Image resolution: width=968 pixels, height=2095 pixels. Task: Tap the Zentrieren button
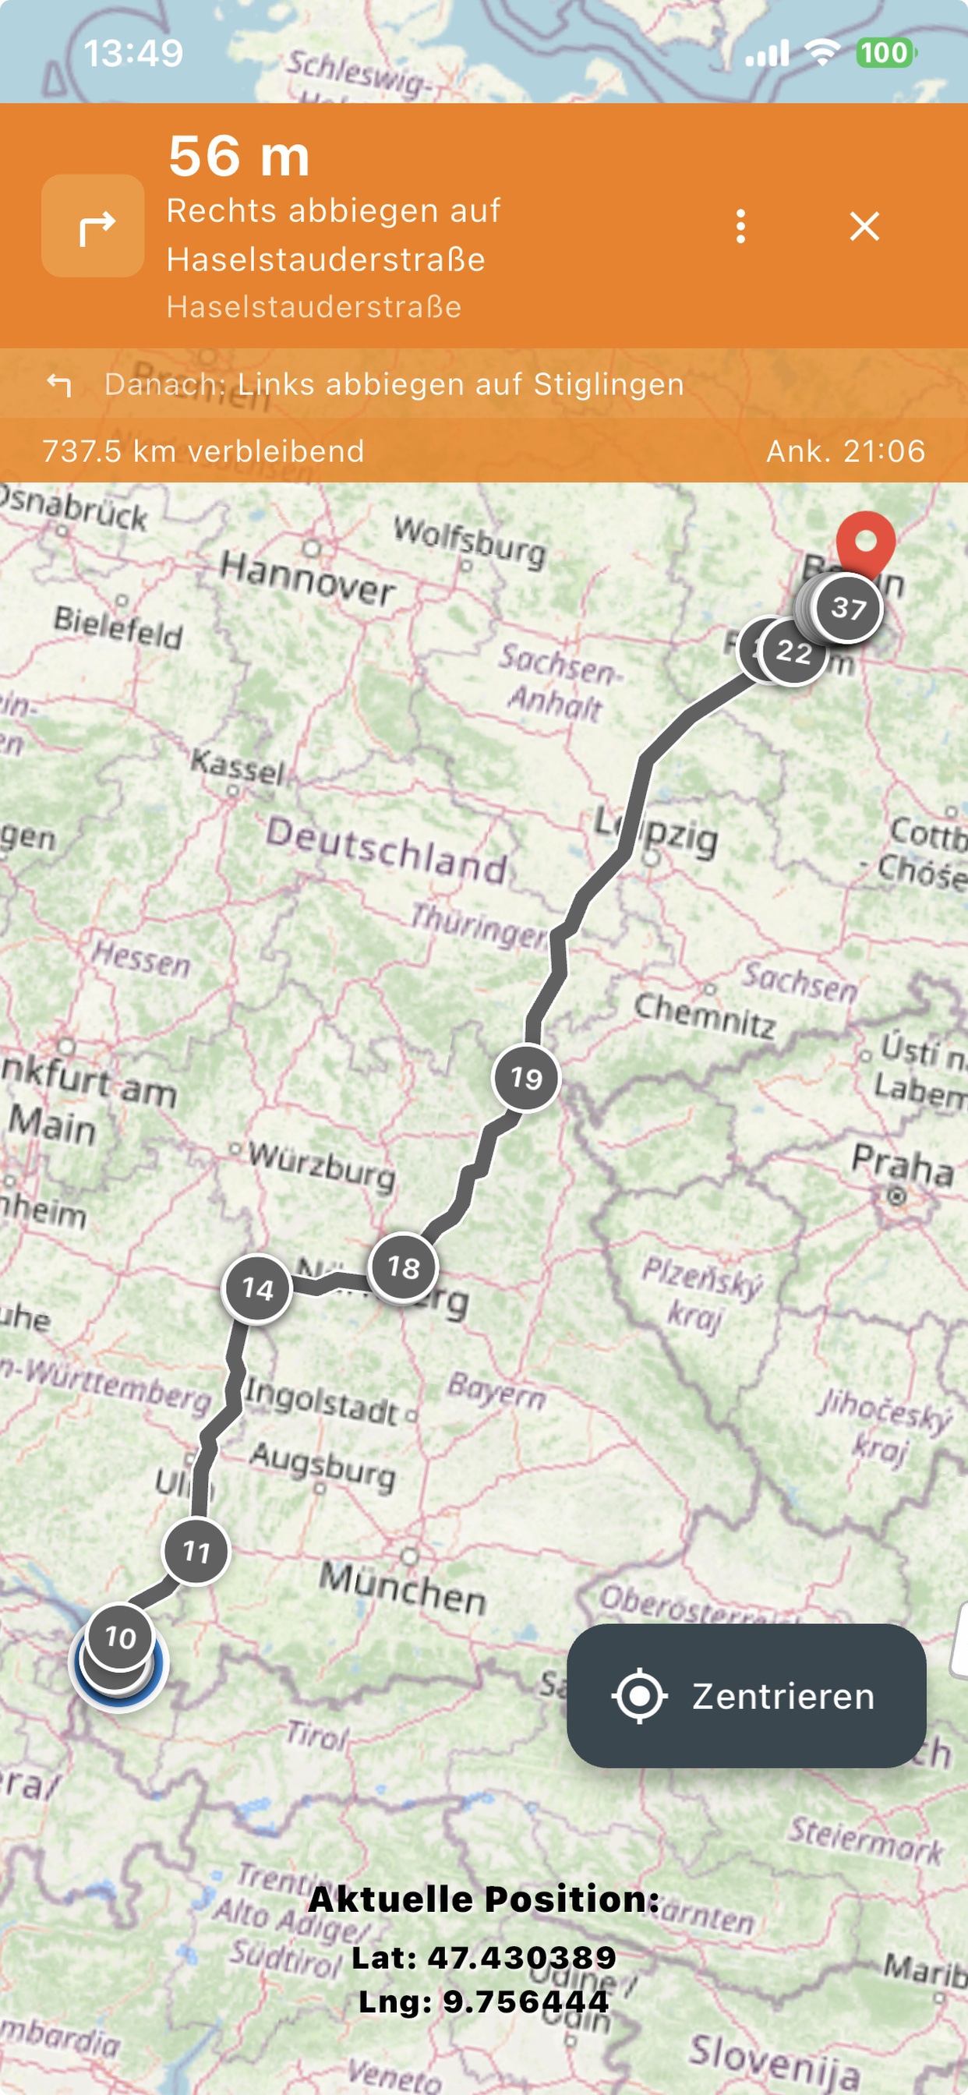[746, 1696]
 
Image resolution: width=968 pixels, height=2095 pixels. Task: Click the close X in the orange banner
[864, 226]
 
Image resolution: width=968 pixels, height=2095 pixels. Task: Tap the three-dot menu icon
[740, 226]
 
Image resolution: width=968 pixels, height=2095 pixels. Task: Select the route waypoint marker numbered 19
[526, 1079]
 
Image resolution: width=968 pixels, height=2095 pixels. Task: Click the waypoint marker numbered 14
[257, 1288]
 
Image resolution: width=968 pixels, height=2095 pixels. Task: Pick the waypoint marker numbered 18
[403, 1267]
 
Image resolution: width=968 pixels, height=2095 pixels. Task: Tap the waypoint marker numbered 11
[196, 1552]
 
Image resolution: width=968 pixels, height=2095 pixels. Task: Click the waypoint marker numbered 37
[849, 607]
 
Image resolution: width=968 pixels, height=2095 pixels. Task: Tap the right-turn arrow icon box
[93, 226]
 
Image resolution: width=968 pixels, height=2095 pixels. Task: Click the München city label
[403, 1588]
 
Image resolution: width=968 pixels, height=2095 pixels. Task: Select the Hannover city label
[308, 578]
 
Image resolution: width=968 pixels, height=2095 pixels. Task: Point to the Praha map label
[901, 1164]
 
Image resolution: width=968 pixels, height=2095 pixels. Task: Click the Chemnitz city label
[705, 1015]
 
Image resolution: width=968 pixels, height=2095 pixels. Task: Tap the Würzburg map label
[322, 1164]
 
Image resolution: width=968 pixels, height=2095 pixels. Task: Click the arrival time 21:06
[845, 451]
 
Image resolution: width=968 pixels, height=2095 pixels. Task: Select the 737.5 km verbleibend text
[203, 451]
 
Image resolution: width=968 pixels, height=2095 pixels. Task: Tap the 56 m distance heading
[239, 156]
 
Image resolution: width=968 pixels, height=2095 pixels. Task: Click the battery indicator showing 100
[884, 54]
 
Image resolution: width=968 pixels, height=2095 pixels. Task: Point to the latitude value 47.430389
[521, 1957]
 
